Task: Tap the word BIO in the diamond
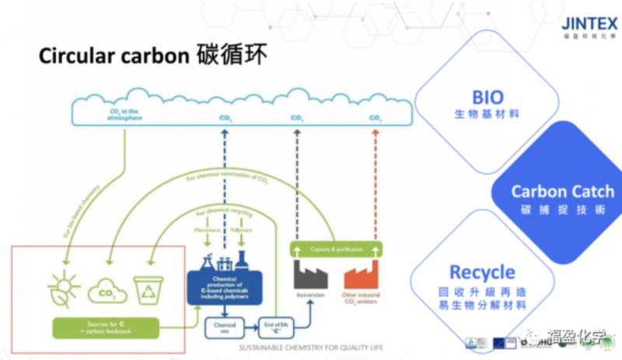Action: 487,98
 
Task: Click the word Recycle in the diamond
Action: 482,272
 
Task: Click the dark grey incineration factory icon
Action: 309,274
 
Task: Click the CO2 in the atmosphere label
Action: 124,114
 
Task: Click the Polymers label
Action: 242,231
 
